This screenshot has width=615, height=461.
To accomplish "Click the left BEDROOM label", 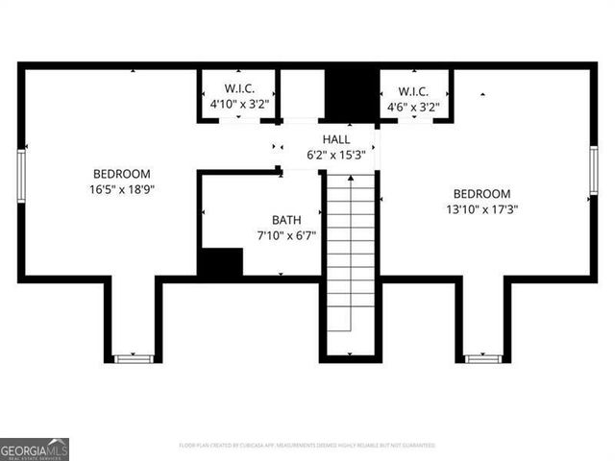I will tap(121, 174).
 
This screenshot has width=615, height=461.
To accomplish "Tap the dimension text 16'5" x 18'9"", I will tap(121, 189).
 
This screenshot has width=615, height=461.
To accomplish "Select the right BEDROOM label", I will tap(481, 193).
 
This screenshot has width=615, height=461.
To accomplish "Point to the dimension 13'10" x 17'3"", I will tap(481, 208).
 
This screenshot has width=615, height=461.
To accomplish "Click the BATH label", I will tap(285, 219).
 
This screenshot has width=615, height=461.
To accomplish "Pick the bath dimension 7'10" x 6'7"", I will tap(285, 234).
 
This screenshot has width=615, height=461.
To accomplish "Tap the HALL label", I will tap(322, 139).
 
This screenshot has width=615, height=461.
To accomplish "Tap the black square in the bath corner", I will tap(220, 262).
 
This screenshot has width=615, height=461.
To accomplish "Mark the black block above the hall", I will tap(351, 94).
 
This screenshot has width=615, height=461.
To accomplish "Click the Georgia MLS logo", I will tap(35, 449).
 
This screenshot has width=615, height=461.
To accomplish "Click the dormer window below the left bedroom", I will tap(134, 358).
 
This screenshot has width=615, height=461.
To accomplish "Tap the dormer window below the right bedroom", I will tap(482, 358).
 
